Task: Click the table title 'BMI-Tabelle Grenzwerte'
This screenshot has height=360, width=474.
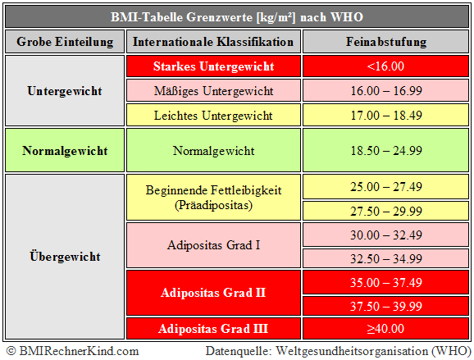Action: (x=236, y=16)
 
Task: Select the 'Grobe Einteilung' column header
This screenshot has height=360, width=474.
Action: (x=66, y=42)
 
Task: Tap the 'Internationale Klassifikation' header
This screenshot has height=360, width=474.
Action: (x=213, y=42)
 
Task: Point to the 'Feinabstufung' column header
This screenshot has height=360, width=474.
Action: (x=384, y=42)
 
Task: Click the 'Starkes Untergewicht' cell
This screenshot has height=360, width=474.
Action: (x=213, y=66)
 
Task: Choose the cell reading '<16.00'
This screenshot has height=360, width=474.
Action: (x=384, y=66)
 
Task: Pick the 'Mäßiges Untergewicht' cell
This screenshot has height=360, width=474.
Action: (x=213, y=91)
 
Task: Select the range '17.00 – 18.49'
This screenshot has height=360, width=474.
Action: (x=384, y=116)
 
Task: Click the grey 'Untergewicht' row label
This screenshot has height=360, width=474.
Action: (x=66, y=90)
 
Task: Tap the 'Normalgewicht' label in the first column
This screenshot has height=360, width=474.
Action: (x=66, y=151)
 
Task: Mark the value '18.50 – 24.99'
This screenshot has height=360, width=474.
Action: (x=384, y=151)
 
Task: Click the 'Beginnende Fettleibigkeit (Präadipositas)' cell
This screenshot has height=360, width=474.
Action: (x=213, y=198)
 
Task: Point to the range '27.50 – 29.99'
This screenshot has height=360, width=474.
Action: (x=384, y=211)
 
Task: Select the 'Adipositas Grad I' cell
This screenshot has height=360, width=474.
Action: (x=213, y=245)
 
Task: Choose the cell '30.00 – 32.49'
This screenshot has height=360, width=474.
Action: (x=384, y=235)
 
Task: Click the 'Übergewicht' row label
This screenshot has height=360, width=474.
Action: (x=66, y=257)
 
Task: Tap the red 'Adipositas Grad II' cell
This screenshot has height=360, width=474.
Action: (x=213, y=292)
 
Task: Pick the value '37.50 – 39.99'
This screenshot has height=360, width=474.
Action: (x=384, y=306)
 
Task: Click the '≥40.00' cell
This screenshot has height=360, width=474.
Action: (x=384, y=330)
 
